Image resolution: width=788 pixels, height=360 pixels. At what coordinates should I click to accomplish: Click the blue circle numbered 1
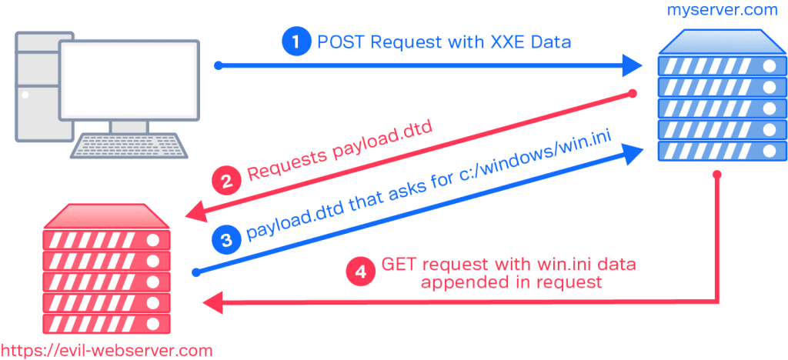point(295,42)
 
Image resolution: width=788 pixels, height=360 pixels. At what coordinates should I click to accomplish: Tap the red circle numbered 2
point(225,182)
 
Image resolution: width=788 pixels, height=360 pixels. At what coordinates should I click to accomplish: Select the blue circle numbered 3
point(225,240)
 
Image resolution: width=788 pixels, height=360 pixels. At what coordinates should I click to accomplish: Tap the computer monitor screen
point(129,79)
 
